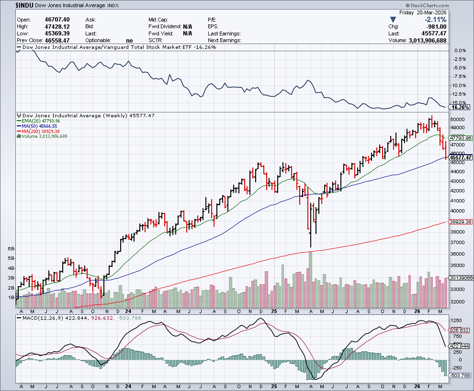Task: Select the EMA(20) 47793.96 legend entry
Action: tap(40, 121)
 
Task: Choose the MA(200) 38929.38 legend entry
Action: tap(40, 131)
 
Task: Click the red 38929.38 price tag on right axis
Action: tap(461, 222)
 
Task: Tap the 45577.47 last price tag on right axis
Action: tap(461, 157)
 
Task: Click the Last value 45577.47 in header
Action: tap(433, 34)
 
